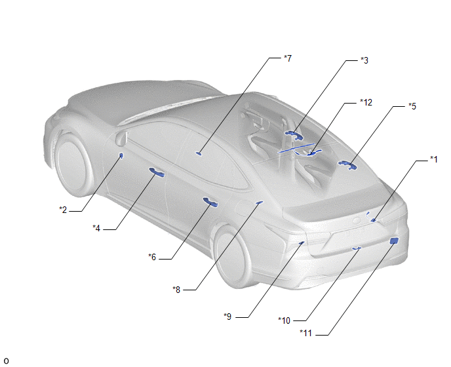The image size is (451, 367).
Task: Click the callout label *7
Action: [x=288, y=58]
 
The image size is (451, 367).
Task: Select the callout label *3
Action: [x=364, y=60]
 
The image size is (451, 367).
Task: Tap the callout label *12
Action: [x=366, y=102]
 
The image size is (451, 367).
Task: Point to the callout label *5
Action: [x=412, y=106]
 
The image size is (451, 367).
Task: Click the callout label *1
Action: [x=434, y=159]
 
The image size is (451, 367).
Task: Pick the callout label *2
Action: [x=63, y=210]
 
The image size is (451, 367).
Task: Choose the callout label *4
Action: [x=96, y=228]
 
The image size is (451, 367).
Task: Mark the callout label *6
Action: [x=152, y=257]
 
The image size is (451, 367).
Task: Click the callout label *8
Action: [x=176, y=290]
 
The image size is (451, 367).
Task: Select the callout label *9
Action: [x=227, y=317]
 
